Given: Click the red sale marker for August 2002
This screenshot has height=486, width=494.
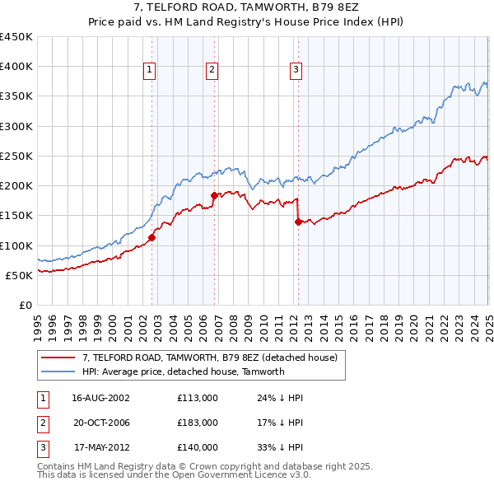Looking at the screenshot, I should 152,237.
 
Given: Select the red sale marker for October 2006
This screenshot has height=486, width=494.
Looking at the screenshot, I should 214,195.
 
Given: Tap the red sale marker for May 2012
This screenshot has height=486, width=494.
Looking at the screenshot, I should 298,221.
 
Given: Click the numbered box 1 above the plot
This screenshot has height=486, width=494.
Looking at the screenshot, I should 150,71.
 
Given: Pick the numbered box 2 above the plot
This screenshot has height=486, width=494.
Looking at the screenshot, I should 212,71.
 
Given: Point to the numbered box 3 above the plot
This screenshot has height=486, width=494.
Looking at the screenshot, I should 295,71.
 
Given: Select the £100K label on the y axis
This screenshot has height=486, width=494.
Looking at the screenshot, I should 16,245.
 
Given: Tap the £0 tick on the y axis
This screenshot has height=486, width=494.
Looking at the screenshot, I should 25,306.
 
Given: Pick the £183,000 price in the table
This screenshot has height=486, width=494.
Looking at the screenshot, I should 198,423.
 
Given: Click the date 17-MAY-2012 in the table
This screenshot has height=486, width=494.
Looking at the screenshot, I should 101,448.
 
